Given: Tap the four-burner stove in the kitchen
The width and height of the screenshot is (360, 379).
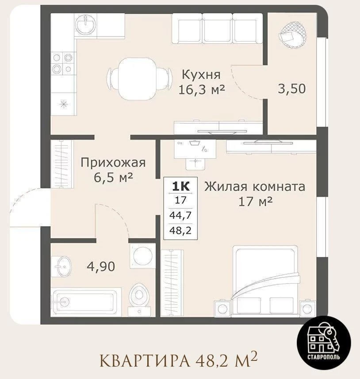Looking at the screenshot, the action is [62, 63].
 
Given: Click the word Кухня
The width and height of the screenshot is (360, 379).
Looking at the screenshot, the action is [201, 74].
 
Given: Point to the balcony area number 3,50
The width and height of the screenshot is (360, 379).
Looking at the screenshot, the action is [291, 89].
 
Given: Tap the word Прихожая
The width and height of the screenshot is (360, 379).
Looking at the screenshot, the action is [113, 162].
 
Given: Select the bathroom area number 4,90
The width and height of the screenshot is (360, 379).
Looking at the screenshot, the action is [101, 267].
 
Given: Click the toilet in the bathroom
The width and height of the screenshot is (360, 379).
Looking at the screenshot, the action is [138, 299].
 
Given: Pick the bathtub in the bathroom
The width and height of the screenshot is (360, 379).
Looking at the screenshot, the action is [86, 302].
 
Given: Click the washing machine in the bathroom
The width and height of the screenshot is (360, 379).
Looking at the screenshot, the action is [142, 256].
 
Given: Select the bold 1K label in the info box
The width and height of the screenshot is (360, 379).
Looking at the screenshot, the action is [180, 186].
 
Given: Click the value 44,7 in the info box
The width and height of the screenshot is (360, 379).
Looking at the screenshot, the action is [180, 215].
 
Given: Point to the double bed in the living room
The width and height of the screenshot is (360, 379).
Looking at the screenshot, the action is [265, 281].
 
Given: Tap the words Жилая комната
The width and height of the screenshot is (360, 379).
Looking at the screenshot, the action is [255, 187].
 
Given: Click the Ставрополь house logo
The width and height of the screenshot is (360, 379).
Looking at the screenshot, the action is [324, 343].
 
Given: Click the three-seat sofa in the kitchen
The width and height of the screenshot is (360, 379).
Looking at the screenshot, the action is [217, 28].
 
